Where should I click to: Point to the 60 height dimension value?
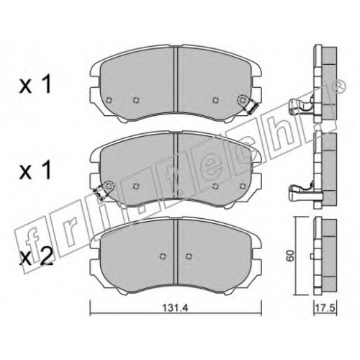pyautogui.click(x=290, y=256)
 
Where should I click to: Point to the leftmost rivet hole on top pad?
pyautogui.click(x=109, y=100)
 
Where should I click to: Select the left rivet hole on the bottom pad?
pyautogui.click(x=163, y=256)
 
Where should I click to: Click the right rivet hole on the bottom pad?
pyautogui.click(x=189, y=256)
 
